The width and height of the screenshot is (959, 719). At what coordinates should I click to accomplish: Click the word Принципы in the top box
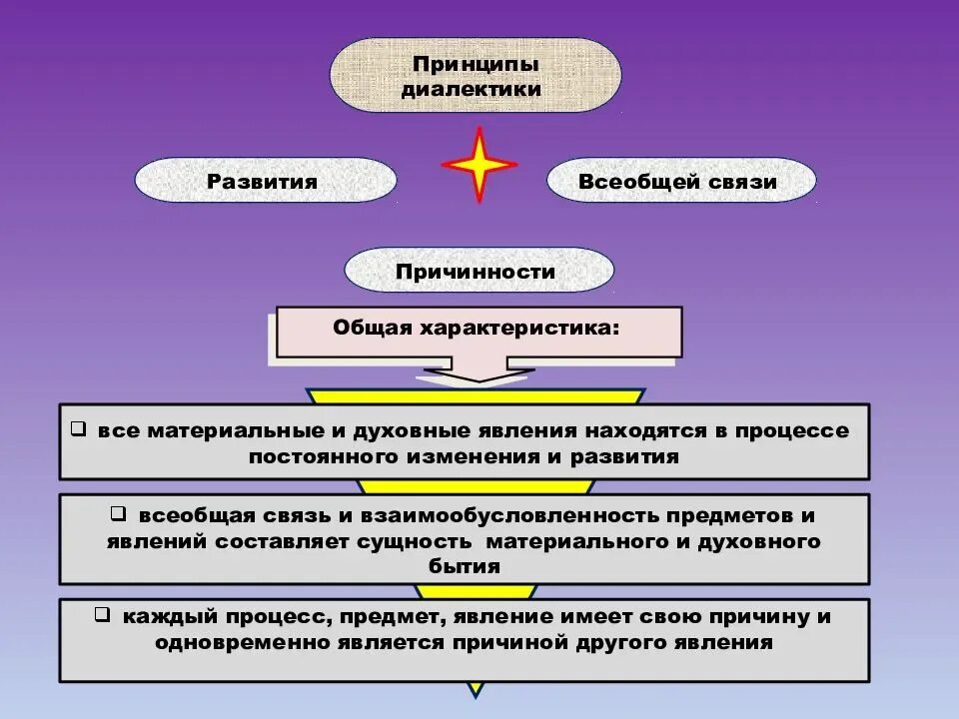coord(476,64)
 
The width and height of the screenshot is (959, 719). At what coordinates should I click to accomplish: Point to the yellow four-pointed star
coord(479,165)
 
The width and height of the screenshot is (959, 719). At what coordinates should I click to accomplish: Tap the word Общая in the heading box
coord(372,328)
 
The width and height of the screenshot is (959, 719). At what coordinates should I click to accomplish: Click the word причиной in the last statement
coord(532,642)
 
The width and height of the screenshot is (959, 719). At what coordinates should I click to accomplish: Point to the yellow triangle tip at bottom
coord(477,689)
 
